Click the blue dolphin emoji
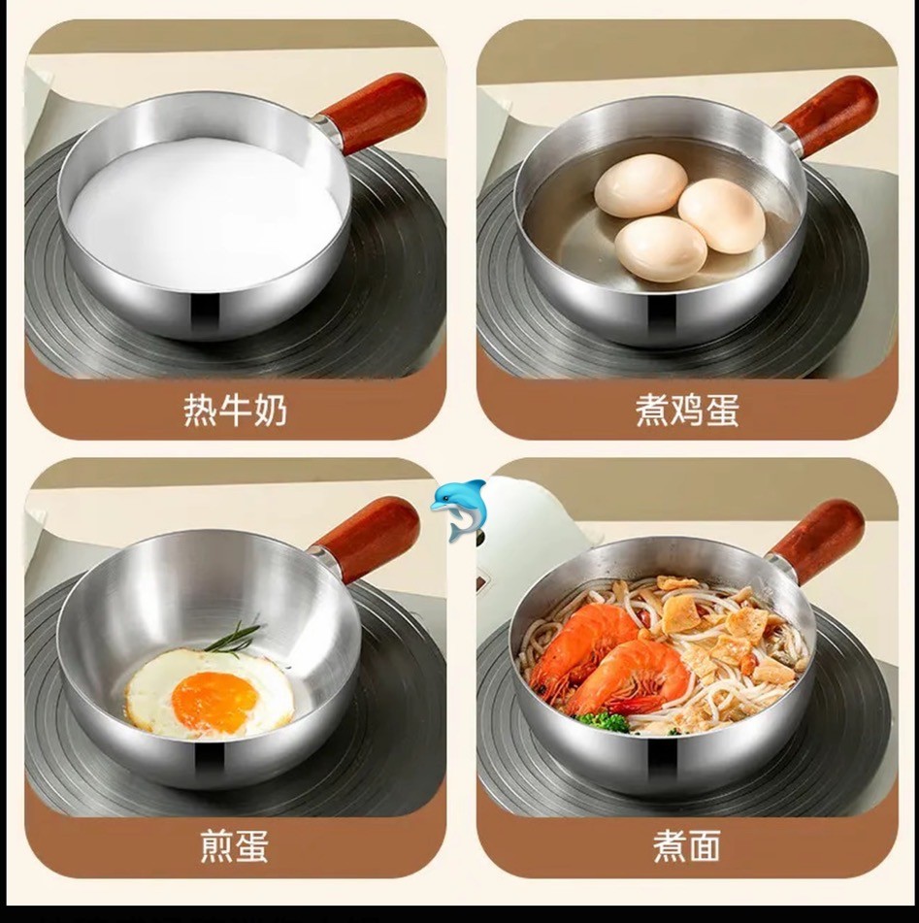coord(458,509)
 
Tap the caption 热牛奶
coord(235,410)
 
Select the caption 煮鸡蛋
coord(686,410)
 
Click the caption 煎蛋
coord(234,845)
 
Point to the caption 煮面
coord(686,845)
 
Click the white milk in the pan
coord(205,214)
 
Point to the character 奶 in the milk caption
coord(270,410)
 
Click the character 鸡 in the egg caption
coord(686,410)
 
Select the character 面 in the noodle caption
coord(705,845)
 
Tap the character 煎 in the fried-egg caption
coord(217,845)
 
